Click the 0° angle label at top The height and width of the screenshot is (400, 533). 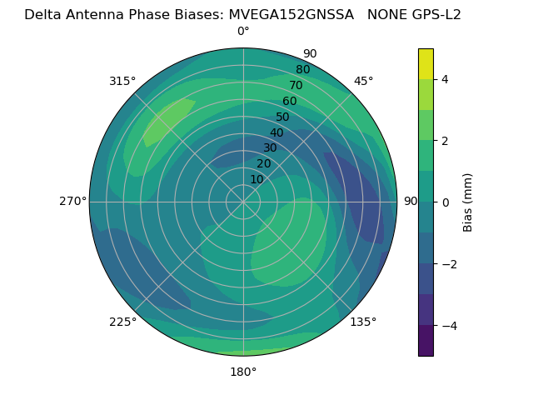[243, 32]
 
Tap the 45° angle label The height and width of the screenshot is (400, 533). [363, 81]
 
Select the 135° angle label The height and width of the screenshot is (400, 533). [363, 322]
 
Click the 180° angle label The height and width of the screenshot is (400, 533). [243, 372]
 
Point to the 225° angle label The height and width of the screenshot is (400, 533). [122, 322]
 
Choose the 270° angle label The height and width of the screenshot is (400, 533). [72, 202]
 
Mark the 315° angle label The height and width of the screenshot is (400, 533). [122, 81]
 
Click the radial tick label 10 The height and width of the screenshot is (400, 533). [257, 179]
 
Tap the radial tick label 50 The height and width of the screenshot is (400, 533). [282, 117]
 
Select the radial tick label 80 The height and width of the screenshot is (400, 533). [302, 70]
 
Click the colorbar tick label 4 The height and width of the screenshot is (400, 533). [445, 79]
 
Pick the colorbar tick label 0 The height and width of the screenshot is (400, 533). [445, 202]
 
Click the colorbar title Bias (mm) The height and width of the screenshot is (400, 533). [468, 202]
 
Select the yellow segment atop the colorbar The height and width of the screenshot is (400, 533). [426, 63]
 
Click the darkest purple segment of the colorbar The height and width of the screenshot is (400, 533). [426, 341]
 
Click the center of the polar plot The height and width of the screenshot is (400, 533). [243, 202]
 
